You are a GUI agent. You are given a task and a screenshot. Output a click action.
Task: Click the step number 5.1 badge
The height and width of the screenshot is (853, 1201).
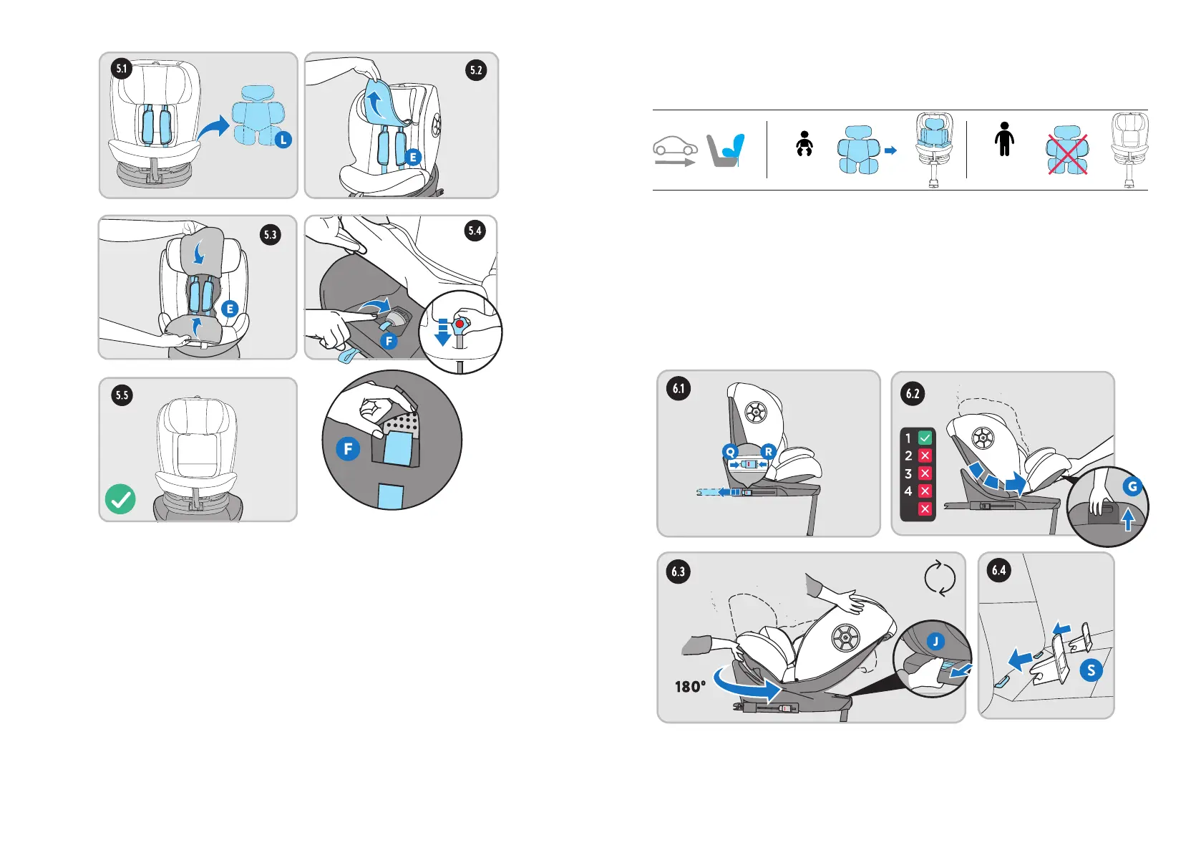(x=122, y=69)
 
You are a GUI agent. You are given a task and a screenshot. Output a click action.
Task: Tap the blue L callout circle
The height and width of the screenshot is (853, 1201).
(x=283, y=140)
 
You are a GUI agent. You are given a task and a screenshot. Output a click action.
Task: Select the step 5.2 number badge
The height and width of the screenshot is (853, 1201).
(x=476, y=69)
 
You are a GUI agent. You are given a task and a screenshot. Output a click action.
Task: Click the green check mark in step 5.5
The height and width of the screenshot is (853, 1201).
(x=120, y=499)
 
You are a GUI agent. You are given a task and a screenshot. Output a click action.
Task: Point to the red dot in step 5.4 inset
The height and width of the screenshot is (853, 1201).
(x=460, y=324)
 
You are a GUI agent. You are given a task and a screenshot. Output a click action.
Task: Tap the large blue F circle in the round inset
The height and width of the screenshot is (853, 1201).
(x=348, y=449)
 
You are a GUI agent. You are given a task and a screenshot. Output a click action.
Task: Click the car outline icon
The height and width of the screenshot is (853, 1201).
(x=675, y=146)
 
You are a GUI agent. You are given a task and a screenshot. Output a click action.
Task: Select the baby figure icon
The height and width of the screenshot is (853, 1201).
(x=804, y=143)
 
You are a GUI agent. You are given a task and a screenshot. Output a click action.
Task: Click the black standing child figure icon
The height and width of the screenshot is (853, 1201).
(x=1004, y=139)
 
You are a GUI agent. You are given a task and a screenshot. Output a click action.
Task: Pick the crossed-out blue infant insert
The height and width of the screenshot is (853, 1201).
(x=1067, y=150)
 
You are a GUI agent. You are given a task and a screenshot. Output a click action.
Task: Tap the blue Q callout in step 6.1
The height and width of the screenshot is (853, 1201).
(x=730, y=451)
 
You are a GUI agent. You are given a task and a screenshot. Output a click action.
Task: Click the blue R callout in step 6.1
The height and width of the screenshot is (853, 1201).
(x=768, y=451)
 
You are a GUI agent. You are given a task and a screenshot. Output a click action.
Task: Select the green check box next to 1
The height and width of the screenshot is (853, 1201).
(x=925, y=438)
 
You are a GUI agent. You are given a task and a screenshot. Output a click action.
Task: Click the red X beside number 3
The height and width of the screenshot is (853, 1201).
(x=925, y=473)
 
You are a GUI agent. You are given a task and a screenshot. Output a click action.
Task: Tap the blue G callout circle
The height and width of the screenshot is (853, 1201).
(x=1132, y=486)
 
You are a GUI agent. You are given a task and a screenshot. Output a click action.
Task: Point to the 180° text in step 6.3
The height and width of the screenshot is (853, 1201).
(x=690, y=687)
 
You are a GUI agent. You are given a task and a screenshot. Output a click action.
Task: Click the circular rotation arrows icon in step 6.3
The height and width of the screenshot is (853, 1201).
(x=939, y=578)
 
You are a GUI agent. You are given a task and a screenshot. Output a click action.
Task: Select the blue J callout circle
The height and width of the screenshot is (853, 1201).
(x=935, y=642)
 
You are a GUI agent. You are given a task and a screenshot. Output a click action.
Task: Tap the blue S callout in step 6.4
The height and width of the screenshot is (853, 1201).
(x=1091, y=670)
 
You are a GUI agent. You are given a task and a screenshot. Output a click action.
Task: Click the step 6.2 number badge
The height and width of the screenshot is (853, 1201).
(x=913, y=393)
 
